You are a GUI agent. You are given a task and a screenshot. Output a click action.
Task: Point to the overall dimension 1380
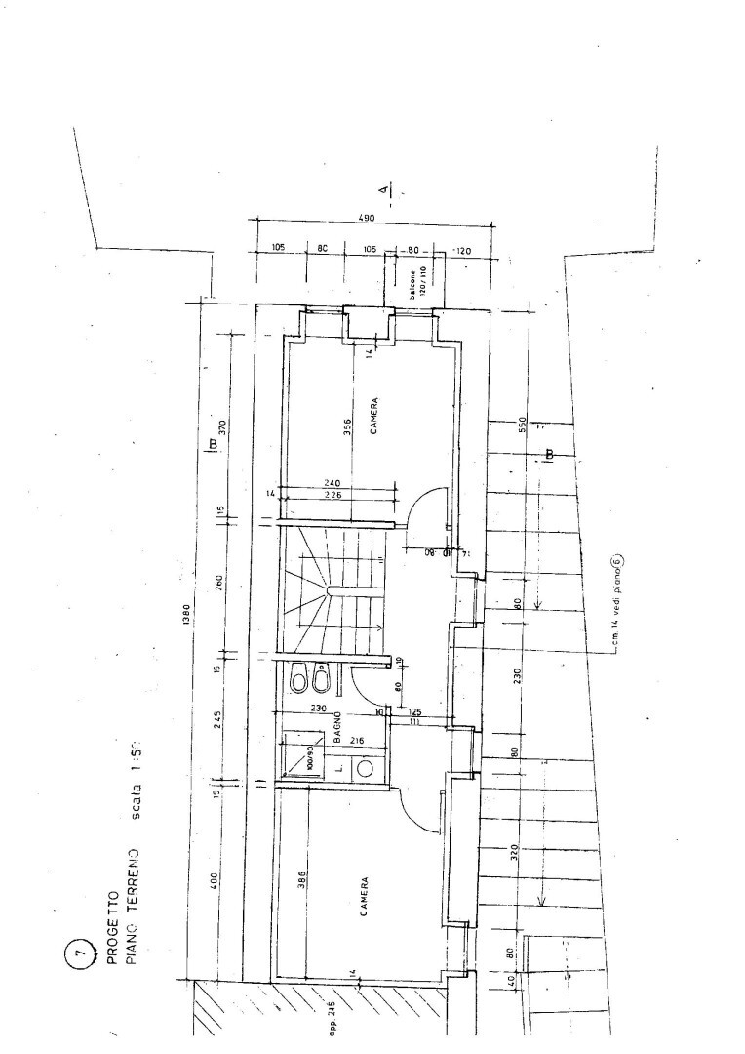(186, 618)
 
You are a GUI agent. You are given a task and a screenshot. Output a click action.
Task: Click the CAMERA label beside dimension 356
(373, 415)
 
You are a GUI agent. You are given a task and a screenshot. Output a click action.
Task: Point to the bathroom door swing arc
(363, 683)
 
